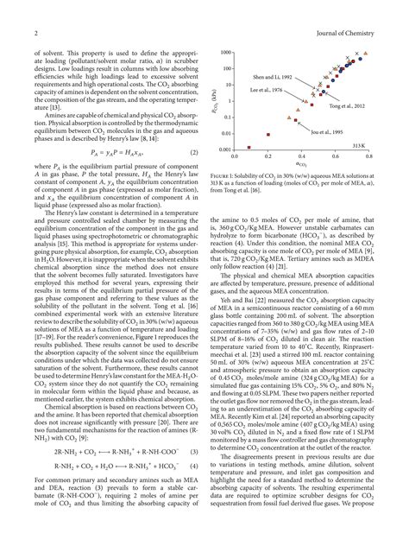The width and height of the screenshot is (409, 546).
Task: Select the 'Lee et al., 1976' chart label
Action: [x=266, y=90]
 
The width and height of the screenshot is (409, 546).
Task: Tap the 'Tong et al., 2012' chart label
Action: [x=345, y=105]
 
